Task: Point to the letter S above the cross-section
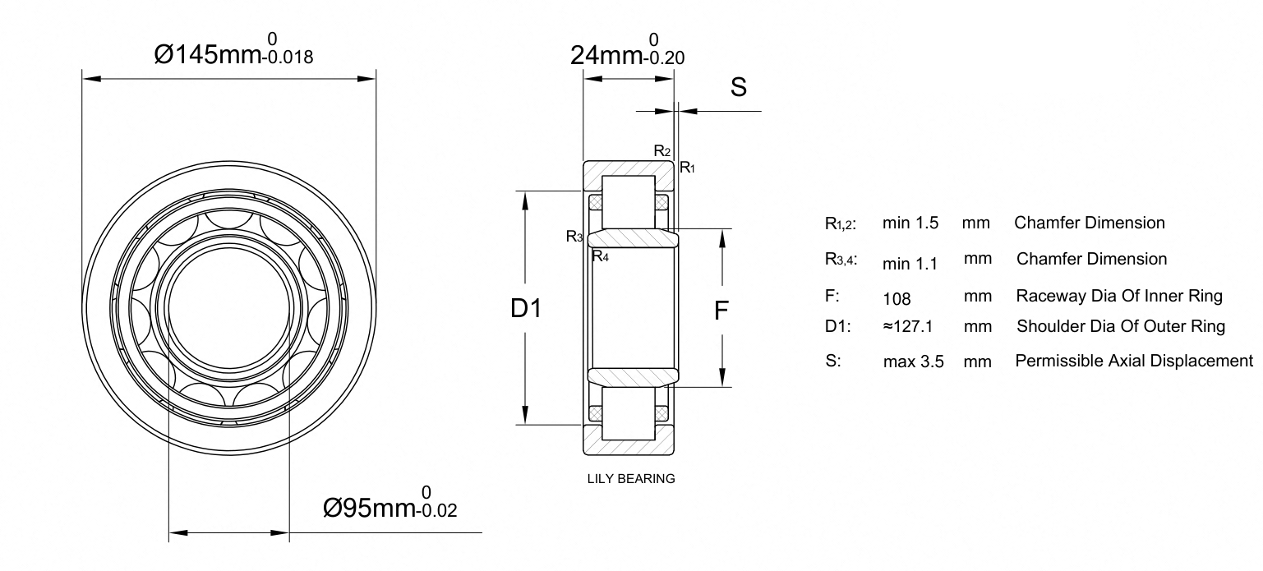pos(739,87)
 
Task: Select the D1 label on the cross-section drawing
pos(526,308)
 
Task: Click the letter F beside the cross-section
pos(721,311)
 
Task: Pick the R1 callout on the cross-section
pos(687,168)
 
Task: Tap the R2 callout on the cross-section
pos(662,150)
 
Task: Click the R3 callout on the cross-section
pos(574,237)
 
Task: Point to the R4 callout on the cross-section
pos(601,256)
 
